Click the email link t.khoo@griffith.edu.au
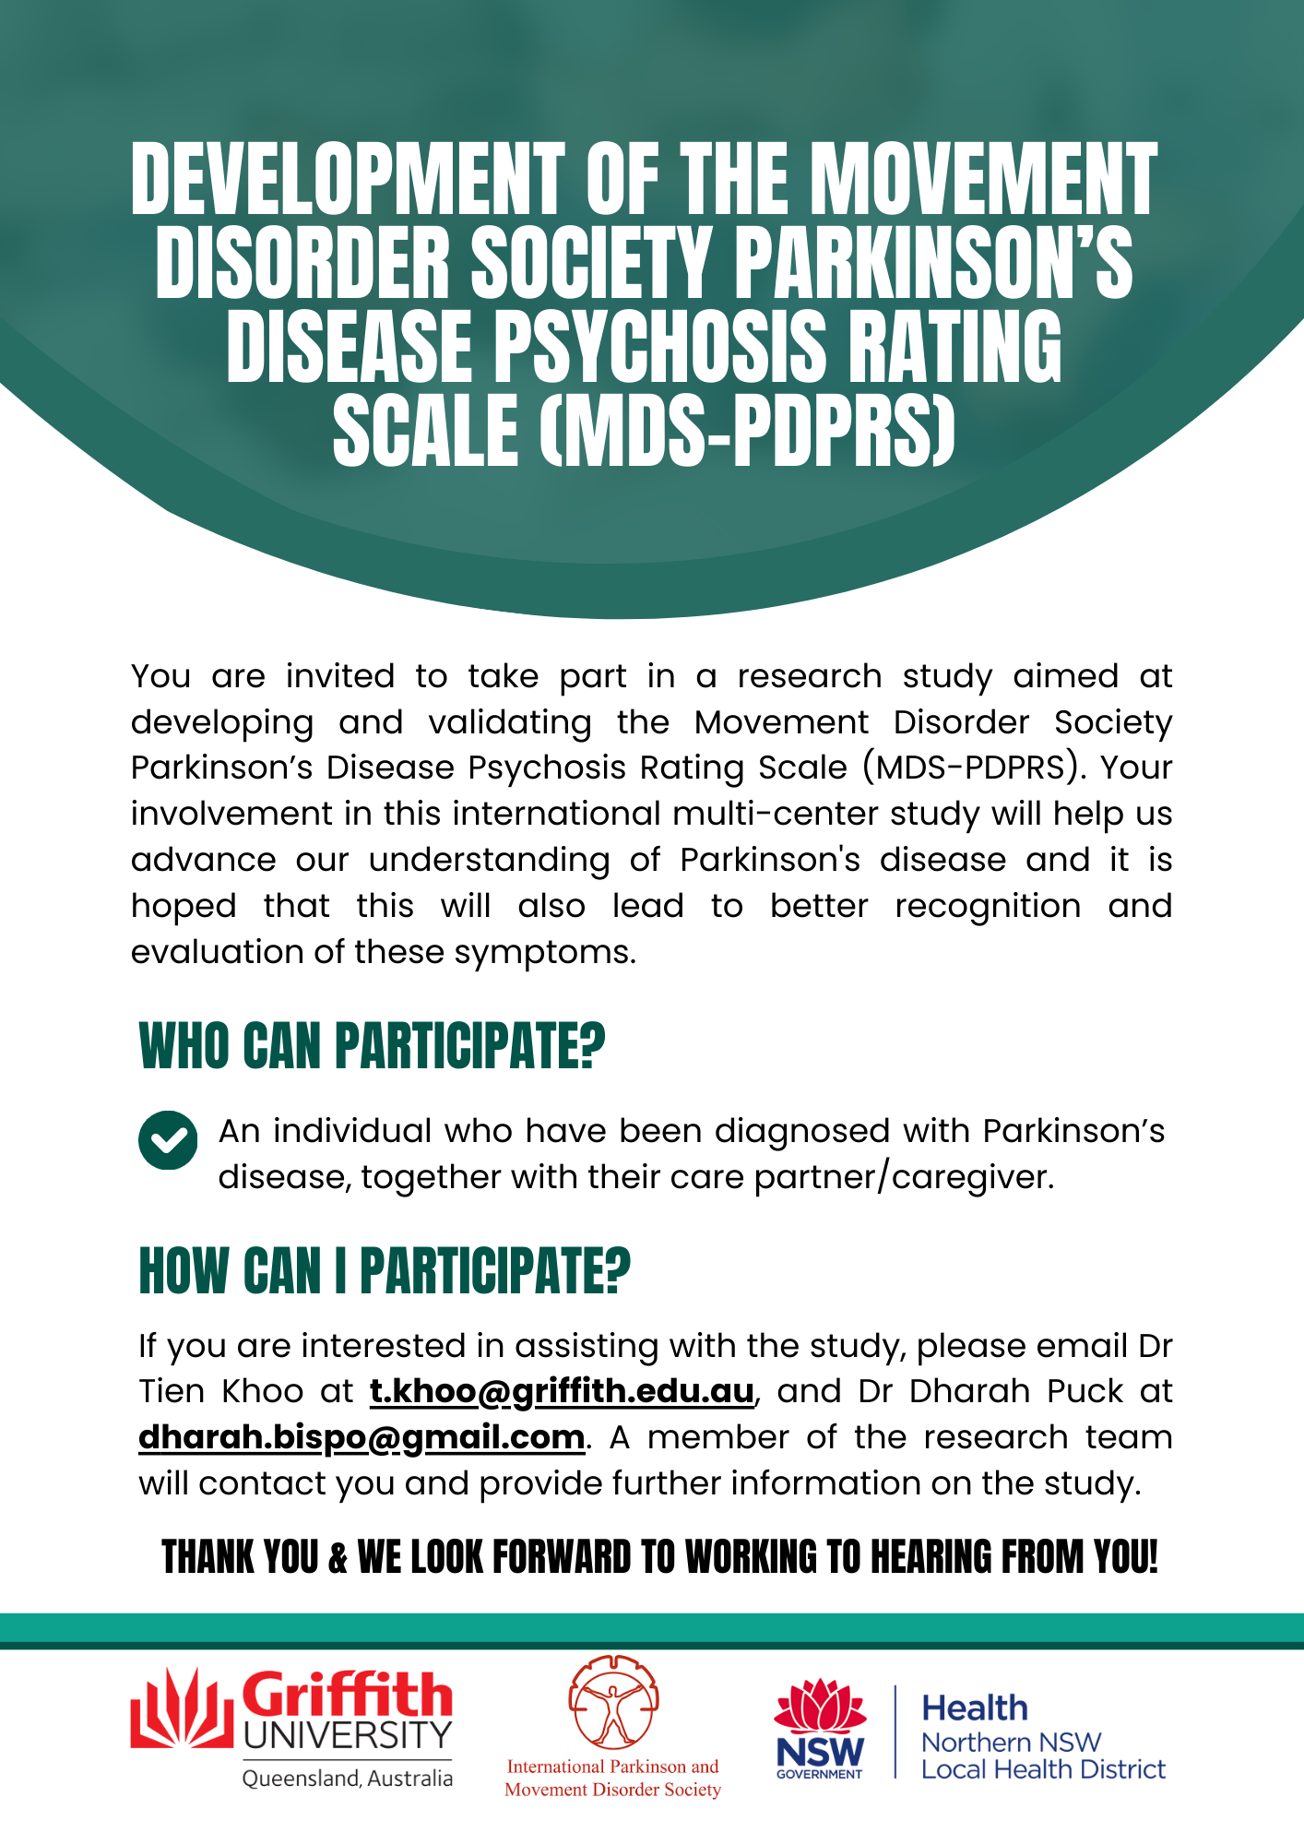[x=562, y=1391]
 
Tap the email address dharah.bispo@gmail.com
[x=362, y=1437]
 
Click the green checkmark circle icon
[x=168, y=1140]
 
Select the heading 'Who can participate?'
[x=372, y=1047]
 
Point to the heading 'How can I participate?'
[x=385, y=1270]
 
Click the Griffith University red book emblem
[x=180, y=1708]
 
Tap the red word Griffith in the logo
[x=348, y=1695]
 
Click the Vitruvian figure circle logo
[x=613, y=1702]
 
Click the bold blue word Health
[x=975, y=1708]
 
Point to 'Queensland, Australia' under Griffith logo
[x=348, y=1778]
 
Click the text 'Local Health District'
[x=1043, y=1769]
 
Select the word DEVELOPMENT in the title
[x=348, y=180]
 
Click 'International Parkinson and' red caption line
[x=612, y=1767]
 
